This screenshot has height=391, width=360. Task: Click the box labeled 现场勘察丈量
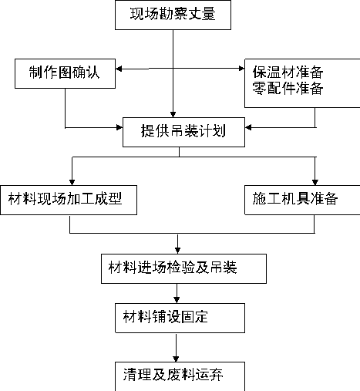click(x=173, y=15)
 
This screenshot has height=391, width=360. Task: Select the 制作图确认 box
click(x=65, y=73)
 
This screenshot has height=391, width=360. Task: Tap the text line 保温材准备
click(x=288, y=72)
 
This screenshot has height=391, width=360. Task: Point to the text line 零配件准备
click(x=288, y=88)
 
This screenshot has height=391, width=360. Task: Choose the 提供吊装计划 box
click(x=183, y=132)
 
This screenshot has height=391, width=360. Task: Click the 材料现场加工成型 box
click(x=69, y=200)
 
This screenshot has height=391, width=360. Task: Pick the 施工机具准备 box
click(x=302, y=200)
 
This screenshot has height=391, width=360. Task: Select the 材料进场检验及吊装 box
click(x=183, y=268)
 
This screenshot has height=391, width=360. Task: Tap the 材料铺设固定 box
click(x=180, y=318)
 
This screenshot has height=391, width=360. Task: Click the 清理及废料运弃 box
click(x=180, y=376)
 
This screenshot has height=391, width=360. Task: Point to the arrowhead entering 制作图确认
click(x=119, y=69)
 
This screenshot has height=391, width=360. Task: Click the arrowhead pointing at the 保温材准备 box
click(x=241, y=69)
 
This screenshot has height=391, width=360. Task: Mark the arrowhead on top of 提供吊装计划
click(x=173, y=115)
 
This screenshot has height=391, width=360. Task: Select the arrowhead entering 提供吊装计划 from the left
click(x=119, y=127)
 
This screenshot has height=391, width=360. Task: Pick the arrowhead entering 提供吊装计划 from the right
click(x=248, y=127)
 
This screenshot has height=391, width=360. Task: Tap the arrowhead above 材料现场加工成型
click(x=72, y=182)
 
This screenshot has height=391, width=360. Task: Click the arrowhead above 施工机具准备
click(x=315, y=182)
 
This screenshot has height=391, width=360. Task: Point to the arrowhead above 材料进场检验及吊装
click(x=177, y=251)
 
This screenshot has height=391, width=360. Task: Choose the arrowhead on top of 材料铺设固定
click(x=177, y=300)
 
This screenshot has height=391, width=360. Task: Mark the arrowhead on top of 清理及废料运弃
click(x=176, y=359)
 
